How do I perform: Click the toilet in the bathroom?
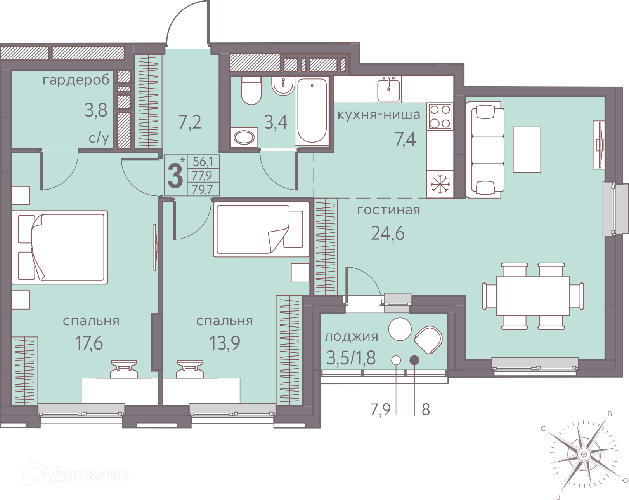[251, 91]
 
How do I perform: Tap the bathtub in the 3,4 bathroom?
[312, 111]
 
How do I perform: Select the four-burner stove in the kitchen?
[440, 116]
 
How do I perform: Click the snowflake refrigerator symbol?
[440, 184]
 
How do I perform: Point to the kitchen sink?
[389, 89]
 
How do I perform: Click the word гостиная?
[388, 210]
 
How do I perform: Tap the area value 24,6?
[388, 233]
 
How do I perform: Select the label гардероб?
[76, 80]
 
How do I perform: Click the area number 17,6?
[89, 343]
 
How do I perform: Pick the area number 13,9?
[225, 343]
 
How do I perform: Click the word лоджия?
[351, 337]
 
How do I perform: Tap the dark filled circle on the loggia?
[414, 360]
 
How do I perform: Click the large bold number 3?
[175, 176]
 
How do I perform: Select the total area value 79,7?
[202, 190]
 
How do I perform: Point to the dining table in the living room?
[533, 296]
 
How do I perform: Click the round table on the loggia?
[400, 329]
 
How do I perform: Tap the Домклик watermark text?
[89, 475]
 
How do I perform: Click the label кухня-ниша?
[379, 115]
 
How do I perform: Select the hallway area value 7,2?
[190, 122]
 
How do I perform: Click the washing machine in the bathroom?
[244, 137]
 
